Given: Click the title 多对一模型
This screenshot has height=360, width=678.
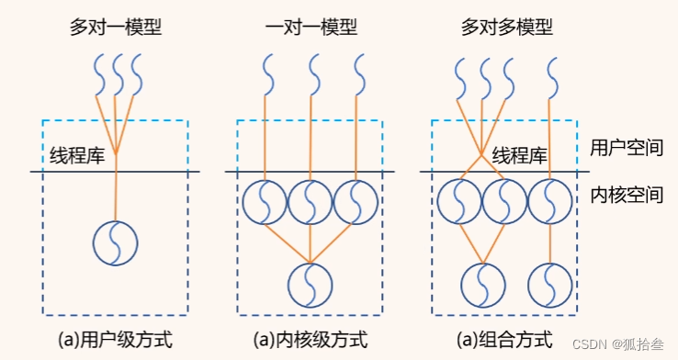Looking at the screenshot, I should coord(116,27).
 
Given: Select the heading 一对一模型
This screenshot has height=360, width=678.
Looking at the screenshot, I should coord(311,27).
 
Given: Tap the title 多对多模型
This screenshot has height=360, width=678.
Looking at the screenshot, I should coord(507,27).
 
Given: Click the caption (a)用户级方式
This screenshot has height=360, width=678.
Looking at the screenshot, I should coord(116,339).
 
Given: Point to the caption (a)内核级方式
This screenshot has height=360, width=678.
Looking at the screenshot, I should coord(311,339).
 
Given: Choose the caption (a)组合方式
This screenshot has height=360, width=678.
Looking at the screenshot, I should coord(504,339).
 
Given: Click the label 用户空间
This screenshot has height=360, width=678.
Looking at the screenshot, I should coord(627,147).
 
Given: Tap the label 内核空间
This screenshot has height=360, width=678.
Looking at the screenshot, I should coord(627,195).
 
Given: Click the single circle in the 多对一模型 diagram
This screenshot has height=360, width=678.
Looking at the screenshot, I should coord(116,242).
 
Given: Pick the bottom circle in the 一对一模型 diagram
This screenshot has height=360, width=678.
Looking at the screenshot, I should coord(311,284).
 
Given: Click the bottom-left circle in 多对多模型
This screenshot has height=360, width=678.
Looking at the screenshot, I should coord(483,284).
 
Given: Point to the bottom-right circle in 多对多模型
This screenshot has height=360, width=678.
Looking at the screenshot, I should coord(550,284).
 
